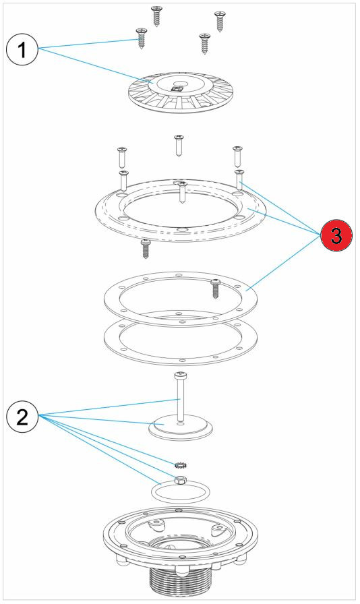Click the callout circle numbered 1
pyautogui.click(x=22, y=49)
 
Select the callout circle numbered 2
pyautogui.click(x=22, y=416)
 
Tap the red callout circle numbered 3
pyautogui.click(x=336, y=235)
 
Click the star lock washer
pyautogui.click(x=179, y=465)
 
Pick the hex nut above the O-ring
pyautogui.click(x=179, y=481)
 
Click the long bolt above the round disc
pyautogui.click(x=179, y=397)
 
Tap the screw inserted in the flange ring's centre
pyautogui.click(x=183, y=192)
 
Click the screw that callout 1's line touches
pyautogui.click(x=141, y=38)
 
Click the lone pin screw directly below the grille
pyautogui.click(x=179, y=145)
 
